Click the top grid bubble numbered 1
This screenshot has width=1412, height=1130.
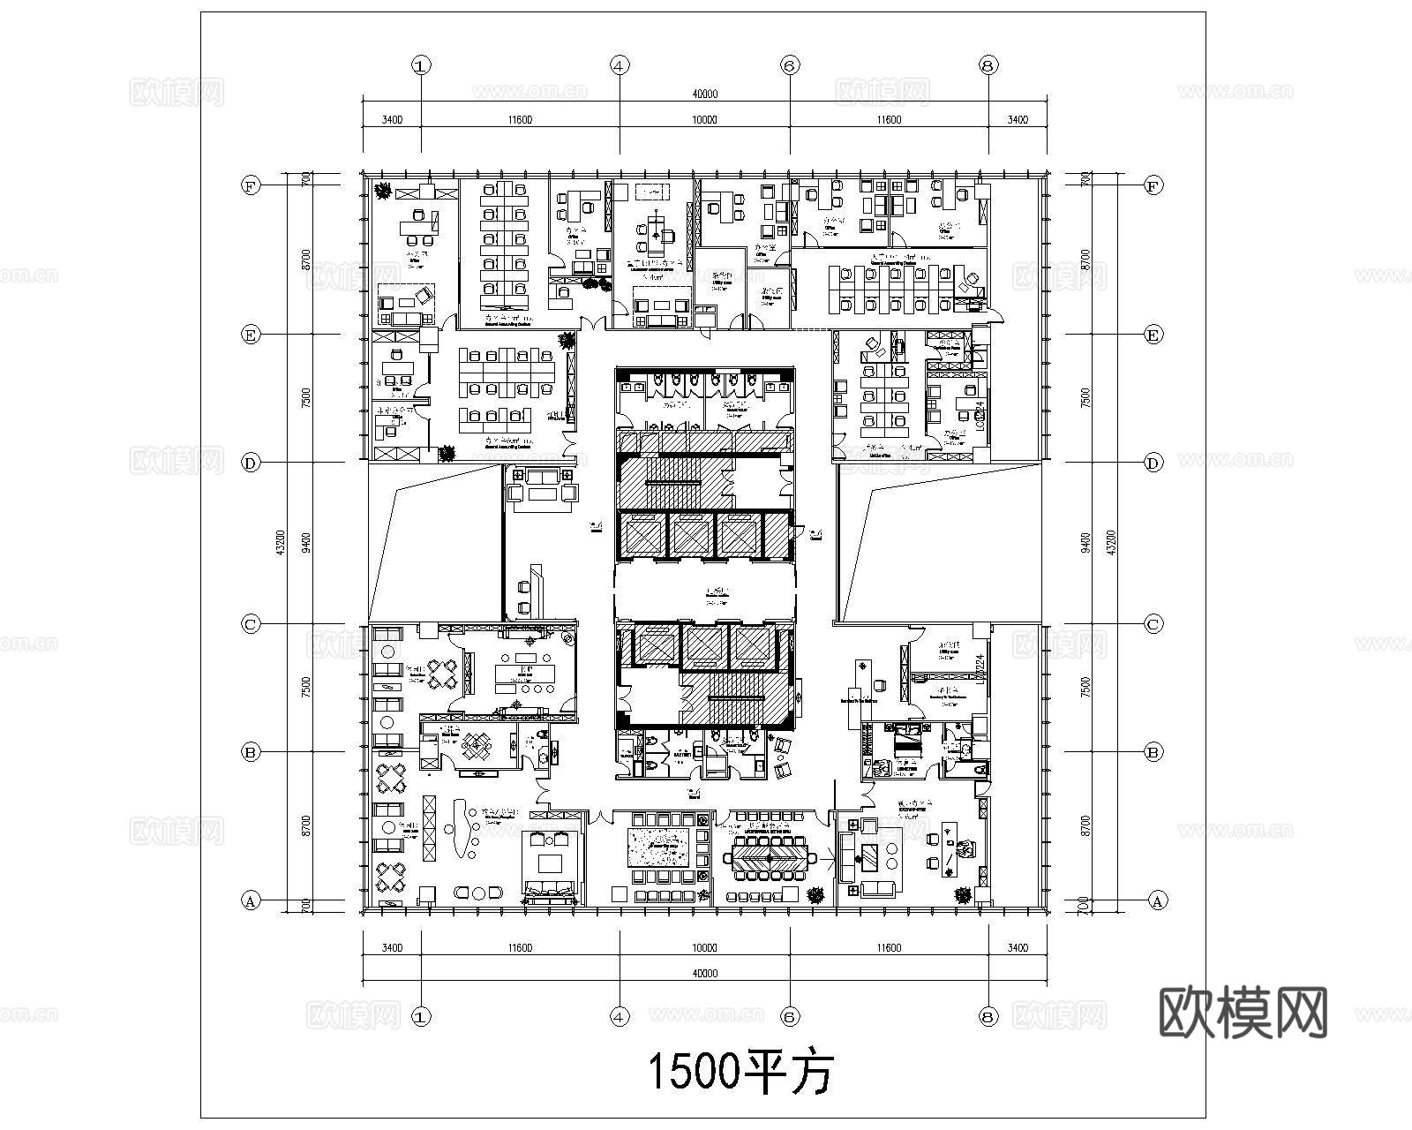(421, 64)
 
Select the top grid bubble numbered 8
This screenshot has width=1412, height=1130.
(988, 64)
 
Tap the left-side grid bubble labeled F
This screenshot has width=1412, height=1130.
(252, 185)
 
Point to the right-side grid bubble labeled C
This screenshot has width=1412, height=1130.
(1153, 624)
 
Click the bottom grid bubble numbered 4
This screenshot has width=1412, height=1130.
(620, 1017)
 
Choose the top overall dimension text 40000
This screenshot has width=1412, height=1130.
(704, 94)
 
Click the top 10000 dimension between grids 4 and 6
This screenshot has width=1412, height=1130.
(704, 120)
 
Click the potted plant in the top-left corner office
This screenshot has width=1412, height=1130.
(383, 189)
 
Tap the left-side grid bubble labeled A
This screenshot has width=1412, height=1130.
(252, 901)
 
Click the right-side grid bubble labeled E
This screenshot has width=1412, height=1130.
(1153, 335)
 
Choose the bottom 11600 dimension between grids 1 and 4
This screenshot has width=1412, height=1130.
(519, 948)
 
